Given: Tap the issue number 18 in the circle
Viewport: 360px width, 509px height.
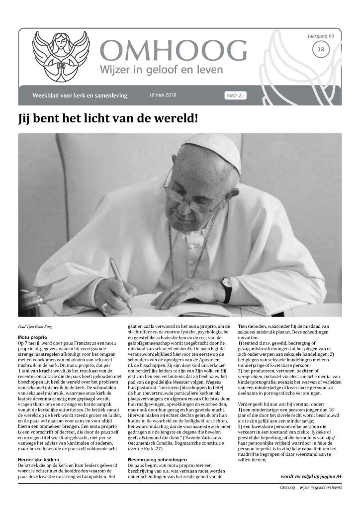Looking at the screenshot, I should (x=321, y=49).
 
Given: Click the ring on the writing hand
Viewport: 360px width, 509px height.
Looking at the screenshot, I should (x=105, y=305).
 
